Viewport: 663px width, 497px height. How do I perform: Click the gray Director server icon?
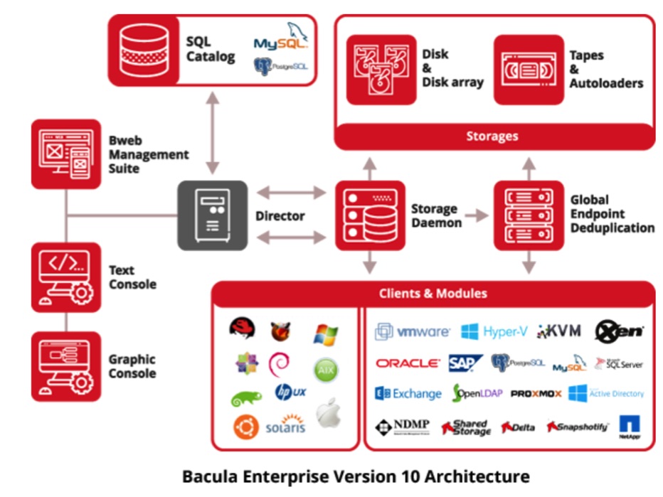pos(212,215)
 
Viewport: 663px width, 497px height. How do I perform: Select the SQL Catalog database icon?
pos(143,50)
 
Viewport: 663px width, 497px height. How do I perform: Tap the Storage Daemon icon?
pos(368,215)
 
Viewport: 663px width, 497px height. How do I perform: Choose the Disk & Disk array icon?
pos(381,70)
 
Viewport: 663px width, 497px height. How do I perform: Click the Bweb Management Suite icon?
pos(66,154)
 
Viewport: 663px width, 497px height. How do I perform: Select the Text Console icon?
pos(66,277)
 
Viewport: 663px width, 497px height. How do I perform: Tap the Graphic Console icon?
pos(66,366)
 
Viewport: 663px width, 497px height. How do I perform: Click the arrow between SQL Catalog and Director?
pos(211,133)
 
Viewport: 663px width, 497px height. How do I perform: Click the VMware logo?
pos(413,331)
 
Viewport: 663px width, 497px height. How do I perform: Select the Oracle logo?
pos(408,363)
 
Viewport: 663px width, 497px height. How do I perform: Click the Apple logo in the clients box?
pos(328,413)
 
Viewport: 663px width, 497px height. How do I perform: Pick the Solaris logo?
pos(285,424)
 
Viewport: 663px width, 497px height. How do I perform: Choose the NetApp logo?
pos(630,427)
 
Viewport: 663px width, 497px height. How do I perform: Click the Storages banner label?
pos(492,136)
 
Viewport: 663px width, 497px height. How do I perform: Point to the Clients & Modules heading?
pos(433,293)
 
